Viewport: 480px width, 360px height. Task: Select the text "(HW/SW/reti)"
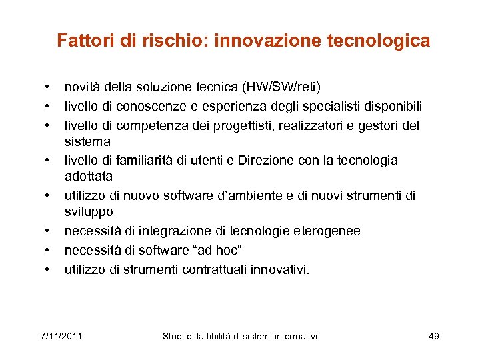(x=282, y=87)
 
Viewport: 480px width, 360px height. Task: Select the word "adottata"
(x=89, y=177)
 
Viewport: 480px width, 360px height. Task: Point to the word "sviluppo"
(x=89, y=212)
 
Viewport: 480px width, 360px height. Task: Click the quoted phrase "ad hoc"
(x=209, y=251)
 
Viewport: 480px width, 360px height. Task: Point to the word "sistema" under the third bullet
(x=87, y=141)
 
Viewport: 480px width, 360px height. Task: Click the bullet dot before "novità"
(x=48, y=87)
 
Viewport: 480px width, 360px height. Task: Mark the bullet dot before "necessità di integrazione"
(x=48, y=231)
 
